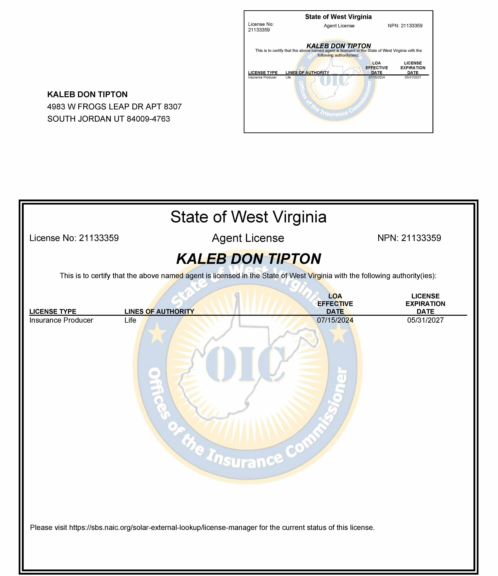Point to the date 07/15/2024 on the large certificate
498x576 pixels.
(x=335, y=320)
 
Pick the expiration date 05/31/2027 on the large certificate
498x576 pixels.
(x=425, y=320)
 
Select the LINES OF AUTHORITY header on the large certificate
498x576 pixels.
(x=159, y=312)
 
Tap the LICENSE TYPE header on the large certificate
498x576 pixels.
(x=53, y=312)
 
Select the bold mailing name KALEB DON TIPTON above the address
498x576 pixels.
(x=87, y=95)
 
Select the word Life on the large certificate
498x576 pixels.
(x=130, y=320)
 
